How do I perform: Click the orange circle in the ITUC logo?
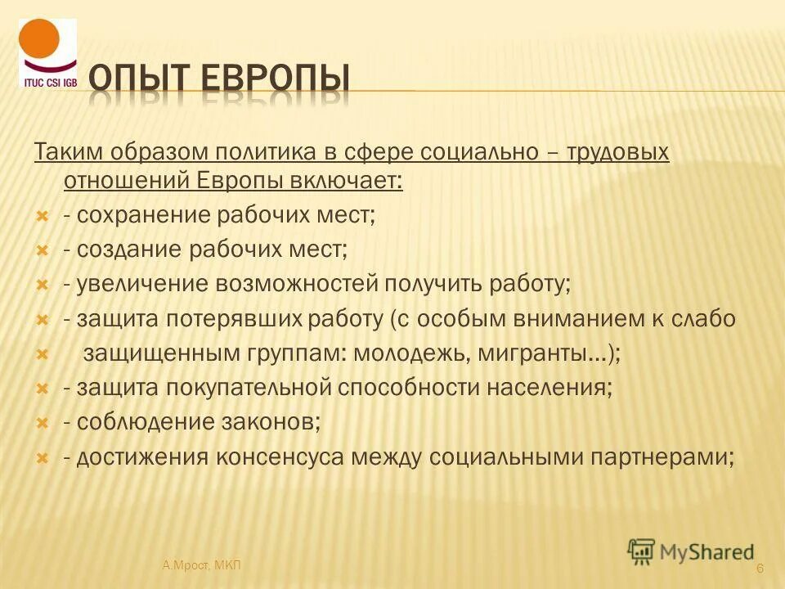click(x=39, y=39)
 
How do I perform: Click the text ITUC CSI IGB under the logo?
click(x=48, y=81)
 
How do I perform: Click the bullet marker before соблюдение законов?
click(x=44, y=423)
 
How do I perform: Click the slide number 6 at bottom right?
click(x=760, y=569)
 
